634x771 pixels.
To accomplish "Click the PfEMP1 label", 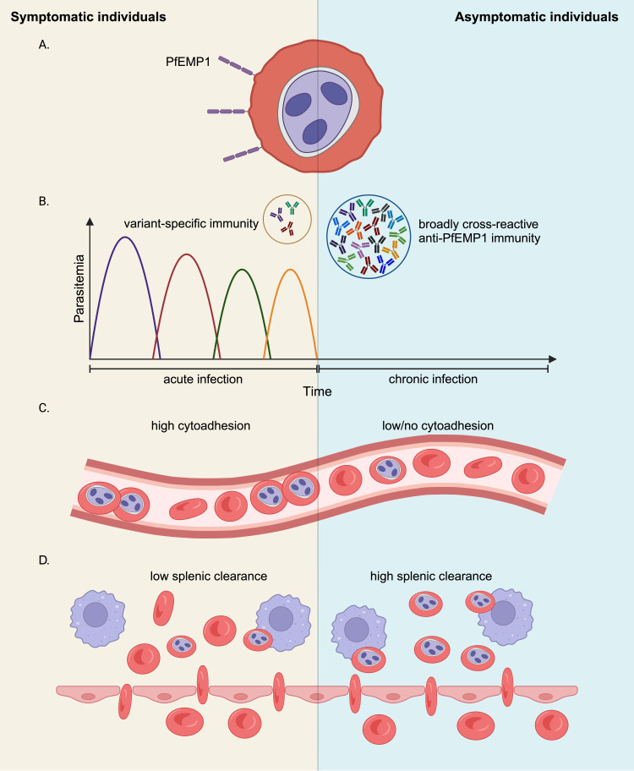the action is pyautogui.click(x=188, y=62).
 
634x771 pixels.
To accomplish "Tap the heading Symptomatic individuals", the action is pyautogui.click(x=89, y=17).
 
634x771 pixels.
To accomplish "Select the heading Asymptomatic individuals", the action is pyautogui.click(x=537, y=17).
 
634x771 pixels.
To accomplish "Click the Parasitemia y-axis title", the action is pyautogui.click(x=79, y=288).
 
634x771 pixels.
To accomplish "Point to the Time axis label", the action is pyautogui.click(x=317, y=391).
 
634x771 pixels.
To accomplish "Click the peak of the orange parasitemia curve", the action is pyautogui.click(x=291, y=270).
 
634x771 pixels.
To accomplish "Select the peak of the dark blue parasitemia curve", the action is pyautogui.click(x=125, y=237).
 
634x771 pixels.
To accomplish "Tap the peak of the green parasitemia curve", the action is pyautogui.click(x=242, y=270).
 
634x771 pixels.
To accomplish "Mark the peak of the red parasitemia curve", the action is pyautogui.click(x=187, y=254).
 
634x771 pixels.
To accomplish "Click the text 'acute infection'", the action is pyautogui.click(x=203, y=379).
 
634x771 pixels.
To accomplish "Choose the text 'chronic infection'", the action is pyautogui.click(x=433, y=379).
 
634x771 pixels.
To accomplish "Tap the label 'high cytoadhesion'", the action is pyautogui.click(x=200, y=425).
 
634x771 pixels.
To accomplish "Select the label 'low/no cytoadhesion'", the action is pyautogui.click(x=438, y=425).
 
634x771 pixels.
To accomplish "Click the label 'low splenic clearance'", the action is pyautogui.click(x=209, y=577).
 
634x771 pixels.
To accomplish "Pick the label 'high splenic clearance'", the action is pyautogui.click(x=431, y=577).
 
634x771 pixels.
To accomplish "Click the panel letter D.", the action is pyautogui.click(x=44, y=560).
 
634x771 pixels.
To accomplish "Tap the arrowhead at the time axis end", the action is pyautogui.click(x=552, y=359).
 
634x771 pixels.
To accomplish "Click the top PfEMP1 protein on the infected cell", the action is pyautogui.click(x=236, y=66).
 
